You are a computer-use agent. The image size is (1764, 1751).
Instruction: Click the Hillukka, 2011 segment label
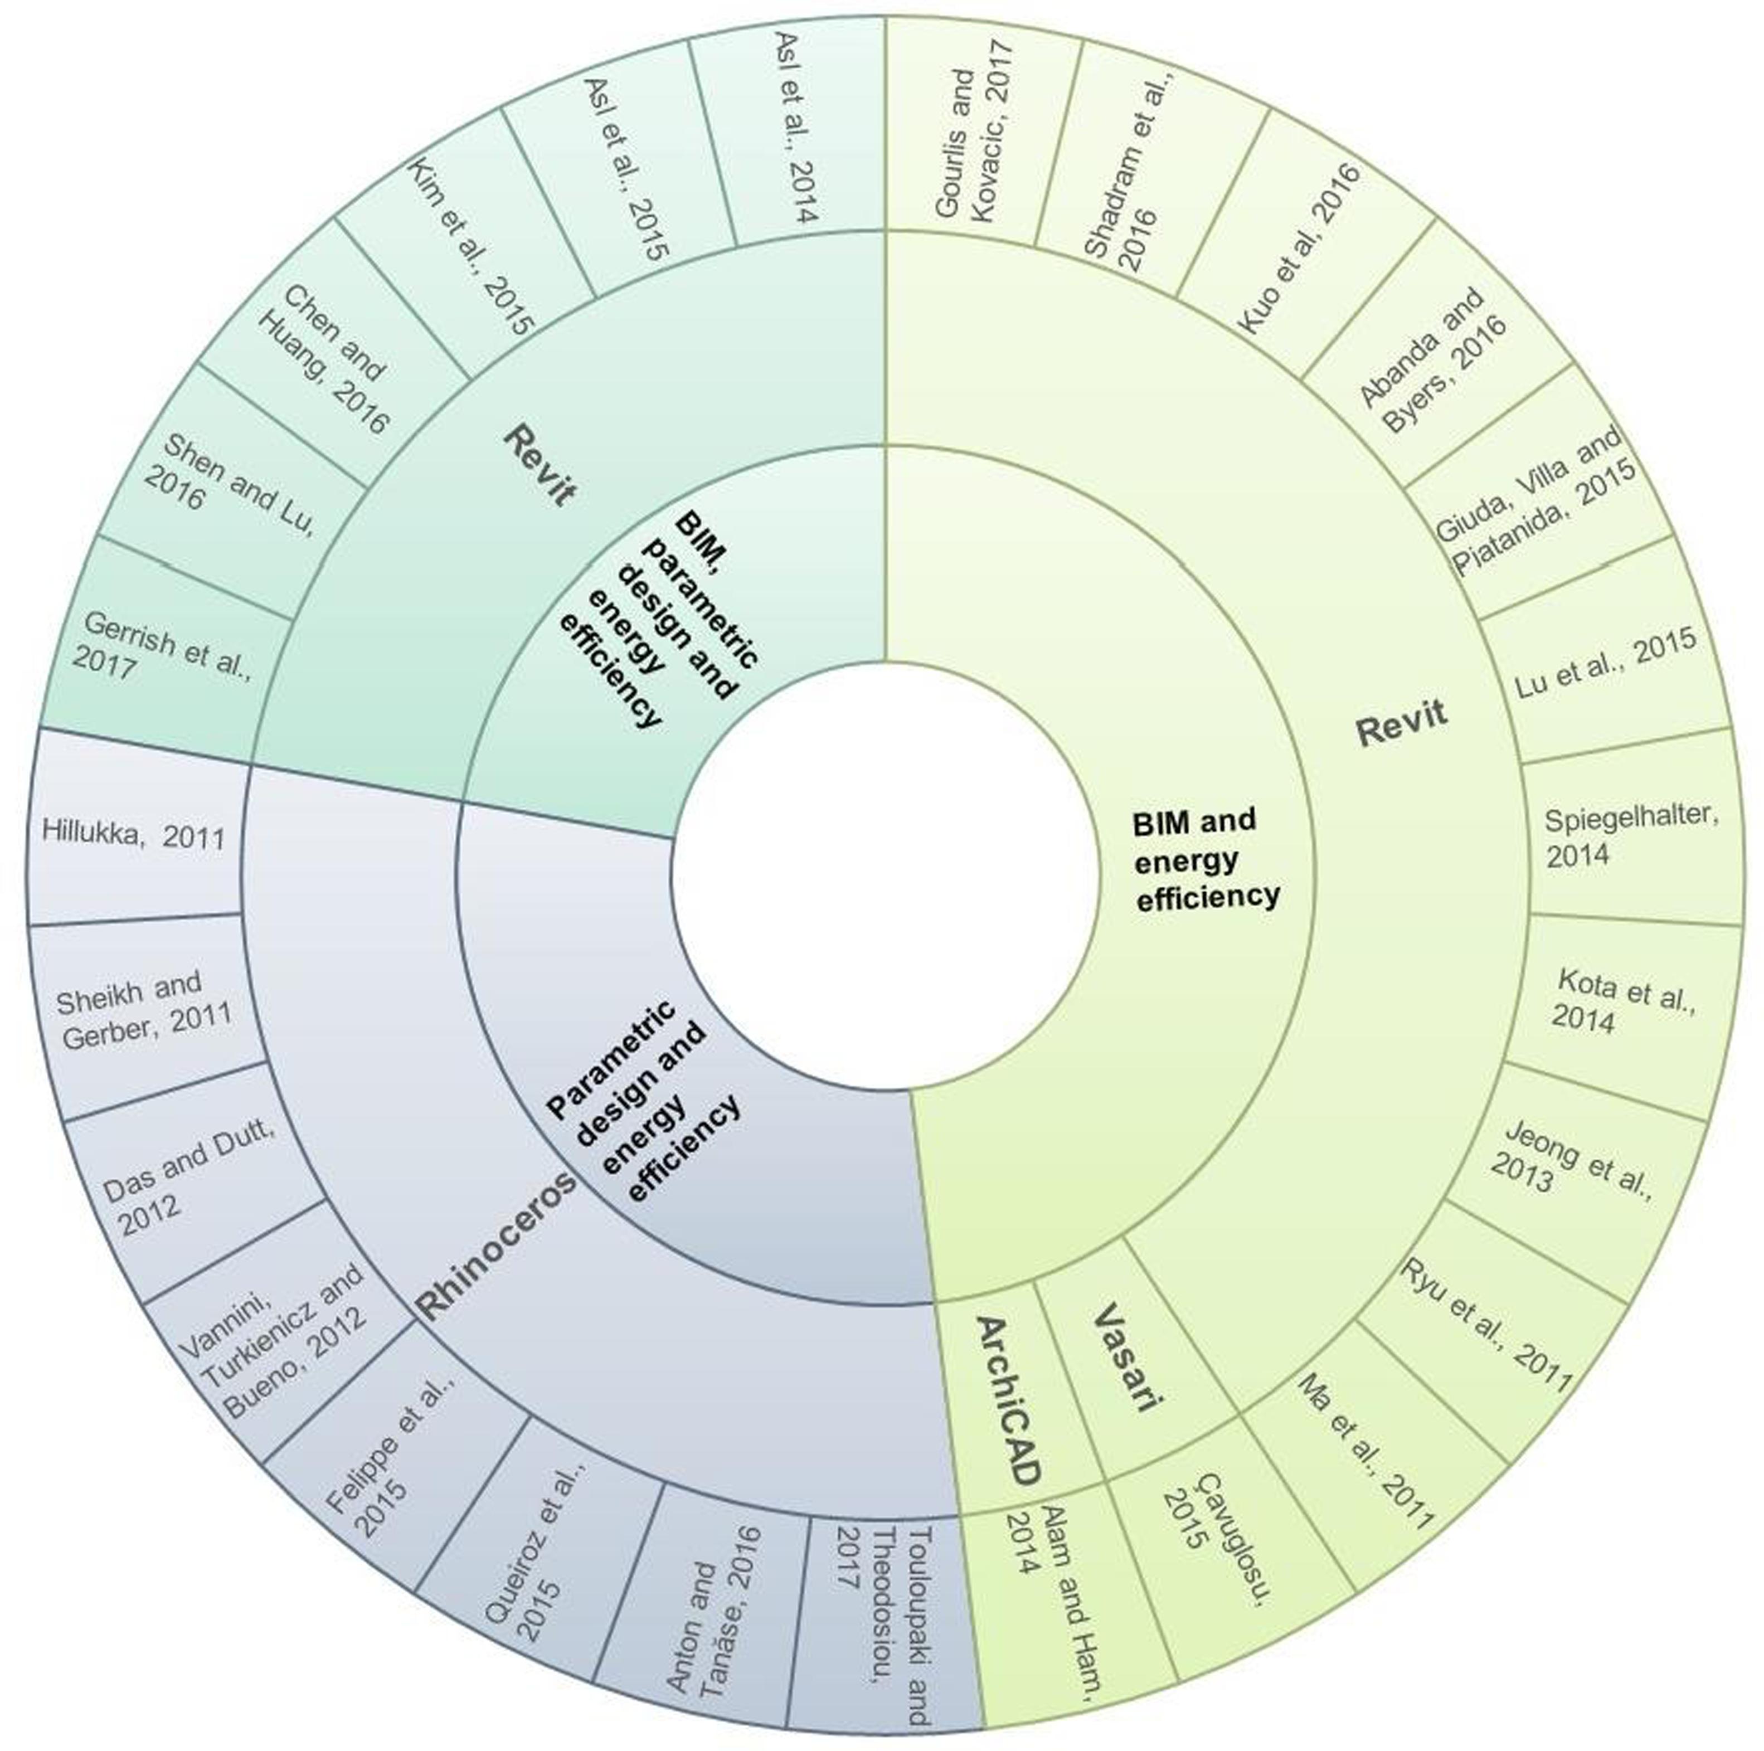tap(133, 834)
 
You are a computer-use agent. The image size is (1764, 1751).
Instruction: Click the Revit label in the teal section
tap(540, 465)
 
